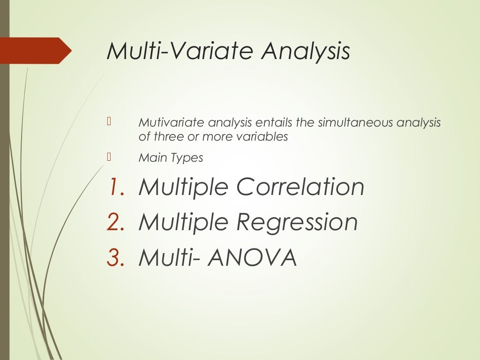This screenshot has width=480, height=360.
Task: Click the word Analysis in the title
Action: pos(305,51)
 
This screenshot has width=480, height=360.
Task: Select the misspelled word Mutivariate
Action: pos(172,123)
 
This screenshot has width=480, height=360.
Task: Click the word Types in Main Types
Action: pos(187,158)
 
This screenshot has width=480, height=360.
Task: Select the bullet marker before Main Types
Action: pos(108,157)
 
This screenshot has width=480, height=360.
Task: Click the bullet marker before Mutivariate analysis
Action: pos(108,123)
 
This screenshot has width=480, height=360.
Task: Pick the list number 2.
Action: pos(115,223)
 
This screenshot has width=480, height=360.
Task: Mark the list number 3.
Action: pos(115,258)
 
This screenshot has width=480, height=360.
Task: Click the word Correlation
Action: pos(300,187)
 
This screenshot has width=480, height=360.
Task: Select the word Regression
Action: pos(297,223)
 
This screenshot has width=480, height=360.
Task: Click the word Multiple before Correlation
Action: pos(184,187)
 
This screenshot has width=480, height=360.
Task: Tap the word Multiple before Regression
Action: pos(184,223)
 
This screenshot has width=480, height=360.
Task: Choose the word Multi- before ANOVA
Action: pos(171,257)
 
